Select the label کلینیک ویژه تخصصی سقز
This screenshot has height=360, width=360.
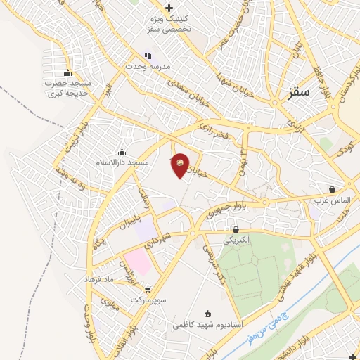click(x=160, y=24)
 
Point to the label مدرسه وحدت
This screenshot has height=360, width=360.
click(x=148, y=65)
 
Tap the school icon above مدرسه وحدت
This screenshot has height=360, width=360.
click(x=148, y=55)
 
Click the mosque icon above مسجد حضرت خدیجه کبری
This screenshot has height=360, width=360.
click(x=67, y=72)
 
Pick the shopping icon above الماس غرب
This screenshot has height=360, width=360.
click(x=332, y=189)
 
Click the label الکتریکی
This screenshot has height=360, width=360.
click(x=236, y=240)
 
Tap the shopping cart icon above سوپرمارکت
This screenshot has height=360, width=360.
click(x=148, y=289)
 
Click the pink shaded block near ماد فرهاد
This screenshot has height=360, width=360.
click(x=138, y=262)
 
